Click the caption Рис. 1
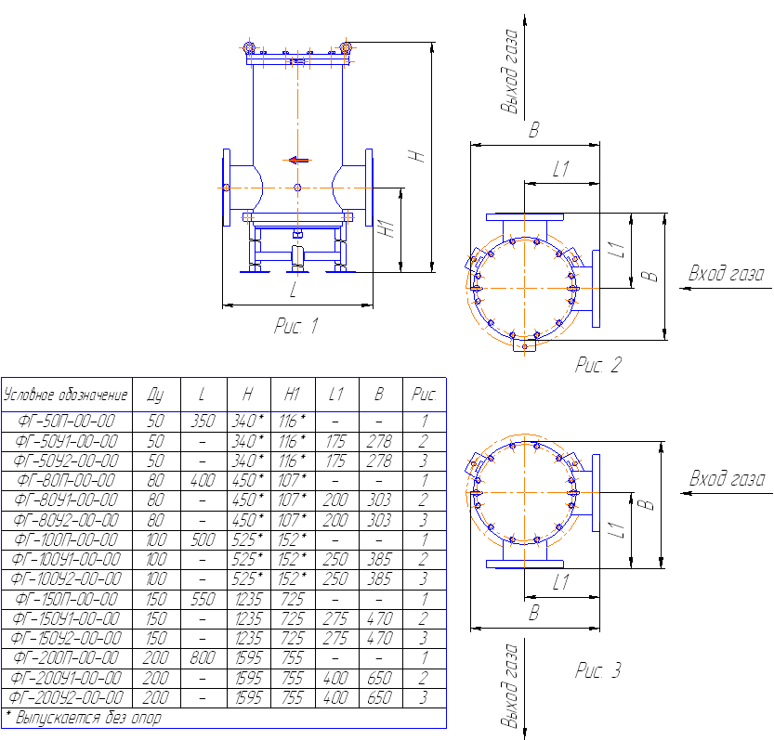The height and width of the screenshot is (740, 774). pyautogui.click(x=296, y=326)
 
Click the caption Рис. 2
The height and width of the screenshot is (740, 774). pyautogui.click(x=597, y=365)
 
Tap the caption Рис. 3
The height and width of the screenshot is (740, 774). pyautogui.click(x=597, y=670)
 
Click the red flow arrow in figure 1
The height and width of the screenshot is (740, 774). pyautogui.click(x=298, y=160)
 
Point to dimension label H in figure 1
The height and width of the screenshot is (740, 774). pyautogui.click(x=417, y=156)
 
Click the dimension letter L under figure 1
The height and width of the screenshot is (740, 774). pyautogui.click(x=294, y=290)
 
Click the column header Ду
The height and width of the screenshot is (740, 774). pyautogui.click(x=156, y=395)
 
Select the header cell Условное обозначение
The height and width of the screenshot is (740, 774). pyautogui.click(x=66, y=395)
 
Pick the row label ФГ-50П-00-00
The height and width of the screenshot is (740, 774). pyautogui.click(x=66, y=422)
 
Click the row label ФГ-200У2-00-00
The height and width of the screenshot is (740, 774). pyautogui.click(x=66, y=697)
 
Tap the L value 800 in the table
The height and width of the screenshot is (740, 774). pyautogui.click(x=203, y=658)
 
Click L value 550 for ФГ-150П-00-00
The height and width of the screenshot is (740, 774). pyautogui.click(x=203, y=599)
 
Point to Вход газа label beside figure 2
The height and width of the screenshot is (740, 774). pyautogui.click(x=726, y=274)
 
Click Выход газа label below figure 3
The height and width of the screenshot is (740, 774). pyautogui.click(x=510, y=685)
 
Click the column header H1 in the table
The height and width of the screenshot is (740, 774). pyautogui.click(x=292, y=395)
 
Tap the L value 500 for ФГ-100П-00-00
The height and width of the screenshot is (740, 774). pyautogui.click(x=203, y=539)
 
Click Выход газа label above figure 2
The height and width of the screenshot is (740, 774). pyautogui.click(x=510, y=71)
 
